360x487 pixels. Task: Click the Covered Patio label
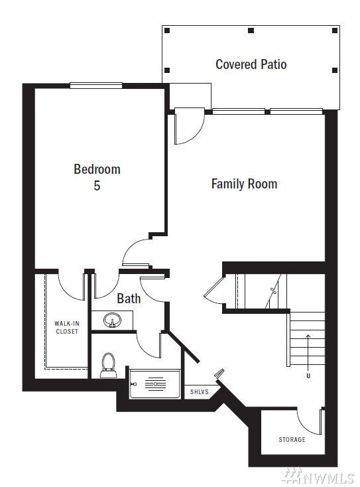click(251, 64)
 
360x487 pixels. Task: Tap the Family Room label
click(244, 184)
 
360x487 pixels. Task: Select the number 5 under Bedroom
click(97, 186)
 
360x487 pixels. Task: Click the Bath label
click(129, 299)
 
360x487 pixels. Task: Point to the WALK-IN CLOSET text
click(67, 327)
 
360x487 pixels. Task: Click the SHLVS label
click(200, 391)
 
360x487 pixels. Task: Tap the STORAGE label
click(292, 439)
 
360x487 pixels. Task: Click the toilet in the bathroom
click(109, 365)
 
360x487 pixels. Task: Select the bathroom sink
click(112, 320)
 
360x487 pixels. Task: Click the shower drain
click(155, 384)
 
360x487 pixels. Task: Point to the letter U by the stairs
click(308, 376)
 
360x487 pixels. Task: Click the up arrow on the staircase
click(308, 352)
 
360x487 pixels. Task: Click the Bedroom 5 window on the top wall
click(96, 86)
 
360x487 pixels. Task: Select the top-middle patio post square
click(251, 31)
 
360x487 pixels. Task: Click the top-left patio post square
click(167, 31)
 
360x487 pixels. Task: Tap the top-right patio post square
click(335, 31)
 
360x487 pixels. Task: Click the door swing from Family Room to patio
click(196, 133)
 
